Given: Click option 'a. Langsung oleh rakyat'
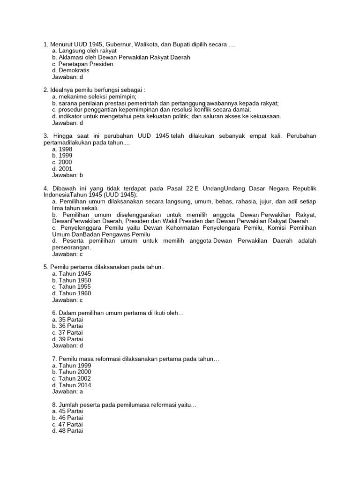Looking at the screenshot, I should click(84, 51).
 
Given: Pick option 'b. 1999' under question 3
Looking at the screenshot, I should click(62, 156).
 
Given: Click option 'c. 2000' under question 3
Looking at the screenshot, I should click(62, 162).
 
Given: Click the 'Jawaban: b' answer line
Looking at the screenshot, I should click(67, 175).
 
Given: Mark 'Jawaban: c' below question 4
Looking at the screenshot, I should click(67, 254).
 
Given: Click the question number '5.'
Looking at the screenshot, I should click(46, 267).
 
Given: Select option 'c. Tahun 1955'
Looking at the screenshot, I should click(71, 287).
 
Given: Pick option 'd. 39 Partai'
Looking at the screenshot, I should click(67, 339).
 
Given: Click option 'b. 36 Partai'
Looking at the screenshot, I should click(67, 326).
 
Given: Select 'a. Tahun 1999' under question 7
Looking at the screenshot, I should click(71, 366).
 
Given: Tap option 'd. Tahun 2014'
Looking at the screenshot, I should click(72, 385).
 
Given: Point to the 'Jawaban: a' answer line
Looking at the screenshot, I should click(67, 391).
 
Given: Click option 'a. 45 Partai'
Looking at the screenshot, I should click(67, 411).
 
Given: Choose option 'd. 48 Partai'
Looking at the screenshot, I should click(67, 431).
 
